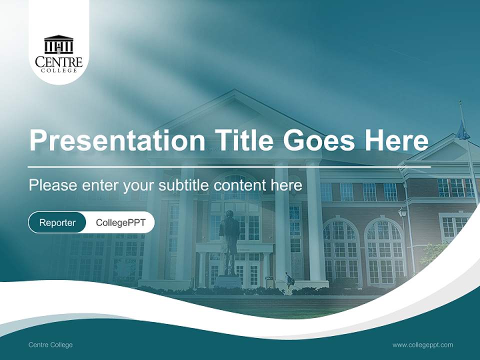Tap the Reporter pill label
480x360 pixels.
57,222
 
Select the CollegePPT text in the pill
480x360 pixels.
120,222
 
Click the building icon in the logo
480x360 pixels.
58,45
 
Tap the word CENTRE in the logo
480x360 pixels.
58,62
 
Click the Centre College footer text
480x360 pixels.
50,345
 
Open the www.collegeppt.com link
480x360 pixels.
422,345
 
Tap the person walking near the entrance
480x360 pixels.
288,282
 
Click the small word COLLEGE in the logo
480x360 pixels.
58,70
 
